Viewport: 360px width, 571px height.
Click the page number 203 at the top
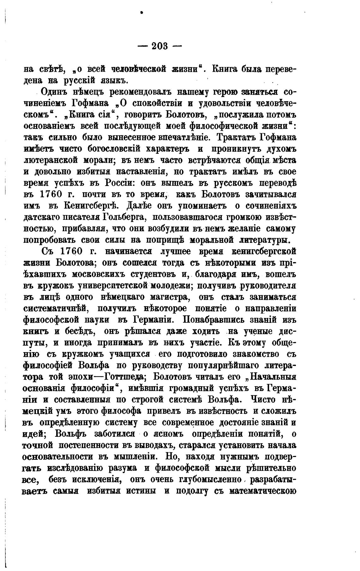[x=160, y=46]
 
